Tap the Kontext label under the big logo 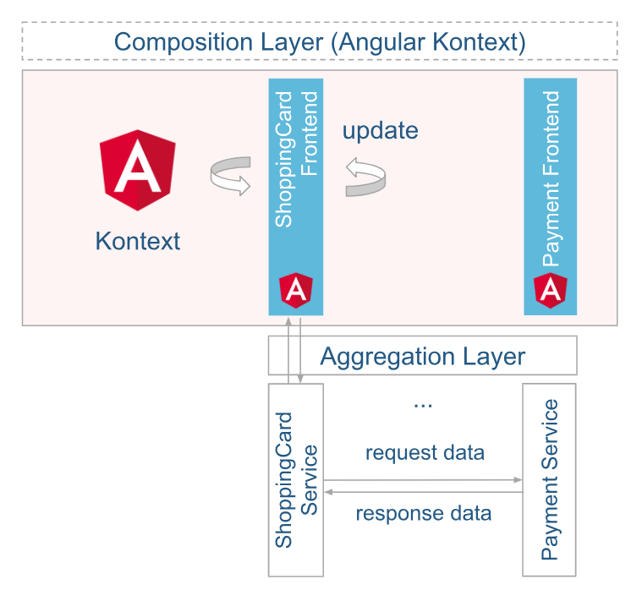(137, 241)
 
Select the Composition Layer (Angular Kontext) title (320, 41)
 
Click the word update (380, 131)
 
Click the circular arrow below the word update (365, 177)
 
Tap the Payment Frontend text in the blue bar (551, 178)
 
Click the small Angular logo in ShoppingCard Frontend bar (296, 290)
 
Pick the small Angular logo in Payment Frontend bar (551, 290)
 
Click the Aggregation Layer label (422, 356)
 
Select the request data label (425, 453)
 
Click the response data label (423, 513)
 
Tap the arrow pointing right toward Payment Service (423, 480)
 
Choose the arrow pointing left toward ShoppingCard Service (423, 491)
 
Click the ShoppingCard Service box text (296, 479)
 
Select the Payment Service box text (550, 479)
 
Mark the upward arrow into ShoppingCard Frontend (288, 350)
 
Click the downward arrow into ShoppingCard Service (303, 350)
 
